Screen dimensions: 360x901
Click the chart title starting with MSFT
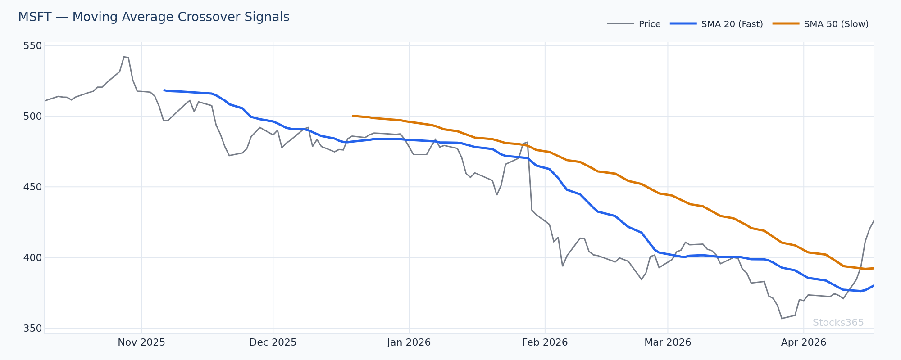(x=154, y=17)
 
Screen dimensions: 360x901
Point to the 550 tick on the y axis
(x=32, y=46)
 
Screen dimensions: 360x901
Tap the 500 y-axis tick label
(x=32, y=116)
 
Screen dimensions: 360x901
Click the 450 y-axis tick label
(x=32, y=187)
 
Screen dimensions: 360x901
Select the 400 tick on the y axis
(x=32, y=257)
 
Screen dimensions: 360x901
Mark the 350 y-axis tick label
(x=32, y=328)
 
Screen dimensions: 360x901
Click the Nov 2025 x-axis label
(x=141, y=342)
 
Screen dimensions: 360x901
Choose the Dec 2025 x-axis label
(x=273, y=342)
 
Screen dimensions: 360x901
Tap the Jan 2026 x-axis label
(x=409, y=342)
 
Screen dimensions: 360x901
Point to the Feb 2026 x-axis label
(x=545, y=342)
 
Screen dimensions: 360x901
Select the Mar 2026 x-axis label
(x=668, y=342)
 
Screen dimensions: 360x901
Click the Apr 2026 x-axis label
(x=804, y=342)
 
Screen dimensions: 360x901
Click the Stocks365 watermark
(x=838, y=323)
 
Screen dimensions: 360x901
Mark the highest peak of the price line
(x=124, y=57)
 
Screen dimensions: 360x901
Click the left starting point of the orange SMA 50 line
(x=353, y=116)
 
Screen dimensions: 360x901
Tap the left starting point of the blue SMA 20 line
(x=164, y=90)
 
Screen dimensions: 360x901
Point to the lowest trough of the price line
(x=782, y=319)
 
